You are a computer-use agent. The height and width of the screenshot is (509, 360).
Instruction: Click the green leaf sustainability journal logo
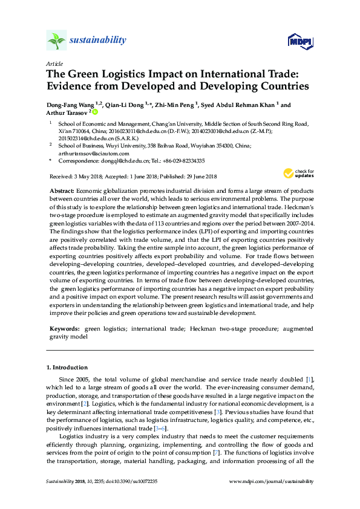57,41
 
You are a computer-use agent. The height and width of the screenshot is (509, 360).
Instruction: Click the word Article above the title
53,63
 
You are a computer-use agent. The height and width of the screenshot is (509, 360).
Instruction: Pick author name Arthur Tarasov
67,112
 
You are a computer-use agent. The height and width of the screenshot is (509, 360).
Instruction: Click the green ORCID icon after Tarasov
95,112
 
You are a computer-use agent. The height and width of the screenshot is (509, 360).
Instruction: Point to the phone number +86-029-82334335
183,161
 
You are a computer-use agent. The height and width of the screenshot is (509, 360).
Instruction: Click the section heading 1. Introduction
67,367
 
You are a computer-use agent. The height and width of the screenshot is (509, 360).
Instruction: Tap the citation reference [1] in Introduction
309,378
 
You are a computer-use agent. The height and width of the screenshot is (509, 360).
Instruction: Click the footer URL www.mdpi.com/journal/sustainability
272,482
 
